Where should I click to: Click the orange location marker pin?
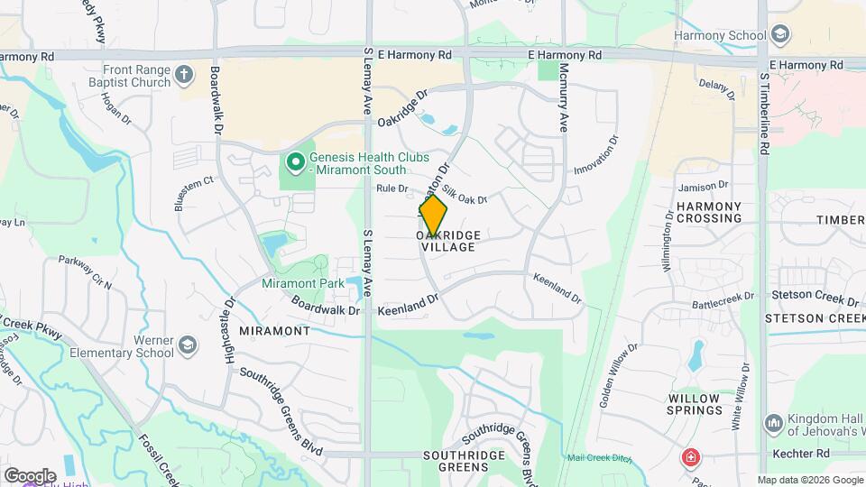[x=433, y=216]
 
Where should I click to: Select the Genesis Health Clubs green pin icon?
[x=294, y=162]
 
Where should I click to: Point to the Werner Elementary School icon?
[x=187, y=345]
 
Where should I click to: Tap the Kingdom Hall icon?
[x=773, y=422]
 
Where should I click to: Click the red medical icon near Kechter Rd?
[x=691, y=456]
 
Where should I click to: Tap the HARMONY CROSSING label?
[x=708, y=213]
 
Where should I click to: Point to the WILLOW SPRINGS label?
[x=695, y=404]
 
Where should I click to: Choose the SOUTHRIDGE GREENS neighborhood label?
[x=464, y=461]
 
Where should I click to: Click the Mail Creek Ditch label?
[x=597, y=457]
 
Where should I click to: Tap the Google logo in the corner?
[x=30, y=475]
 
